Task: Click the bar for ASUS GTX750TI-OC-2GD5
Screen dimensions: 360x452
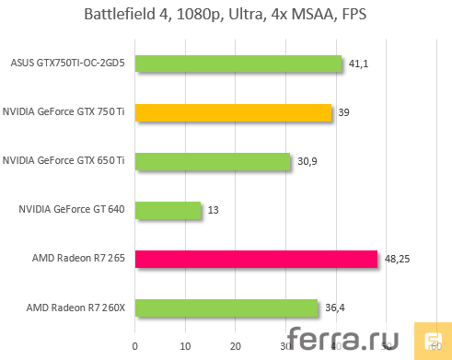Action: click(x=239, y=64)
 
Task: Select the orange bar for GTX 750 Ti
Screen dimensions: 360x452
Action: click(x=233, y=112)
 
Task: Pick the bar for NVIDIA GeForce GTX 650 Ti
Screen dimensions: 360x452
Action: click(x=213, y=161)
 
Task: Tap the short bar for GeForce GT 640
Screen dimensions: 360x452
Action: click(x=168, y=210)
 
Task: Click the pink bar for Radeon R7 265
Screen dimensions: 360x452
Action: click(x=256, y=259)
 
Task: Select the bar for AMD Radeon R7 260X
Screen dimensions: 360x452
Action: click(x=226, y=308)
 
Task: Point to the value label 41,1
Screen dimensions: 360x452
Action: click(x=359, y=64)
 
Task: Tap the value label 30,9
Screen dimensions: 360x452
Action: click(x=307, y=162)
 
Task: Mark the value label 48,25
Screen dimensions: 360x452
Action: click(x=397, y=260)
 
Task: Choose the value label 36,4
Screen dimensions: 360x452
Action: click(x=335, y=308)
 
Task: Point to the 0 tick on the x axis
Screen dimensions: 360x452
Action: click(x=135, y=347)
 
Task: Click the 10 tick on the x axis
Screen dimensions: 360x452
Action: click(x=185, y=347)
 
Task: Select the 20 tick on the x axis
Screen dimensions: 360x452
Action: click(x=235, y=347)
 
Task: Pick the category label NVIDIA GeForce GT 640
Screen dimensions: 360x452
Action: click(x=76, y=211)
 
